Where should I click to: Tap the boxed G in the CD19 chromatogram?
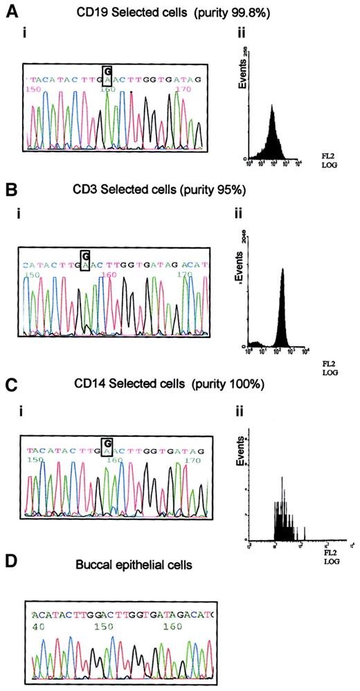[107, 71]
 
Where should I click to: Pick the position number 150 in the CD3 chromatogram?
[31, 274]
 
